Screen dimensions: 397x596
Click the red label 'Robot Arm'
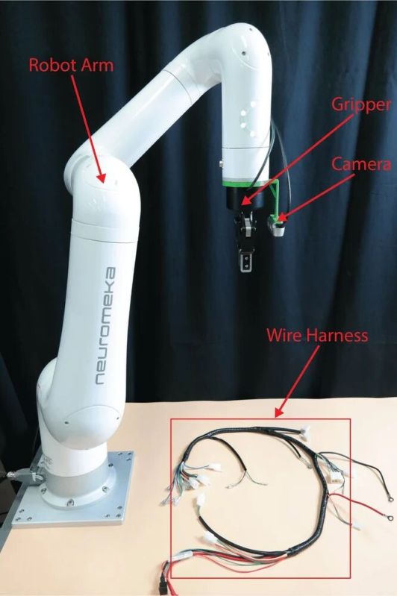coord(71,65)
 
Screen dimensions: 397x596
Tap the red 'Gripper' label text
coord(361,104)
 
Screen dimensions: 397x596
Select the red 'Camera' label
coord(361,164)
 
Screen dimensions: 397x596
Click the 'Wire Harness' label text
coord(317,335)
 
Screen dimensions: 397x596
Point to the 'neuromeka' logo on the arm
coord(106,326)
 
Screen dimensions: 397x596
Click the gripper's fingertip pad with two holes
coord(246,263)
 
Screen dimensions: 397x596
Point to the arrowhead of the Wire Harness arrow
coord(279,413)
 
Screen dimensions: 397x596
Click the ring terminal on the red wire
coord(388,517)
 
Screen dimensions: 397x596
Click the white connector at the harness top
coord(304,431)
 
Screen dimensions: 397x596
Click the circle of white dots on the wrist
coord(248,119)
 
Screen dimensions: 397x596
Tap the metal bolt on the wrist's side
coord(222,165)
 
